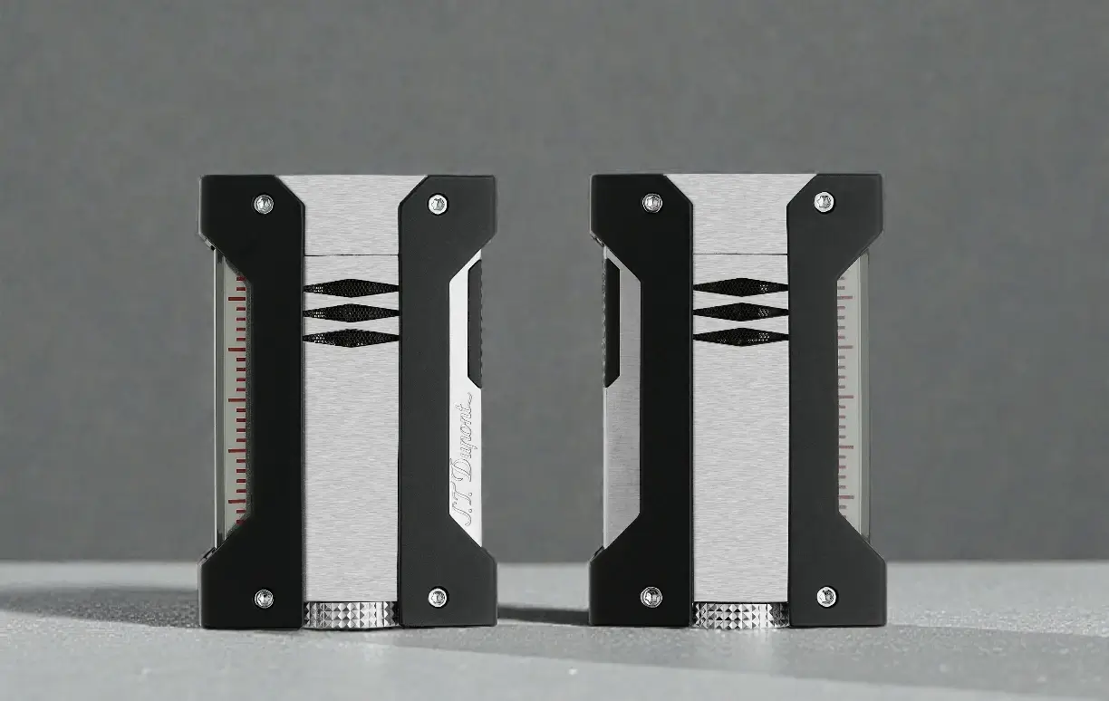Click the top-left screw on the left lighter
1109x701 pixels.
(x=264, y=204)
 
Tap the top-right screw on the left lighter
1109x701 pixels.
(x=438, y=204)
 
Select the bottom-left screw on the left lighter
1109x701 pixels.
(x=264, y=597)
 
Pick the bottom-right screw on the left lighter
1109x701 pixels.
(x=438, y=597)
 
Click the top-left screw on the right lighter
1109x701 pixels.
(x=651, y=202)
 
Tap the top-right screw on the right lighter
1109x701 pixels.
(x=824, y=201)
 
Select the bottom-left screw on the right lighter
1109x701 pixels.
(x=651, y=596)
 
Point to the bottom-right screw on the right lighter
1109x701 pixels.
(x=825, y=596)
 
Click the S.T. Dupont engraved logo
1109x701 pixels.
(x=468, y=462)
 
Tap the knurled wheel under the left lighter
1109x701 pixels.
(x=351, y=614)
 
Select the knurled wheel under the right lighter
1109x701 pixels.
(x=740, y=614)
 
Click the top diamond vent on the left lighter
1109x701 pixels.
(x=351, y=288)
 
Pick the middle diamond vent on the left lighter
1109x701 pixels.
(x=351, y=312)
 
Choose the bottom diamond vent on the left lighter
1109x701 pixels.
(x=351, y=337)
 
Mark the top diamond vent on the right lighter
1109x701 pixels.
(x=741, y=287)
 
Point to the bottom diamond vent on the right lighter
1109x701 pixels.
(x=741, y=337)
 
